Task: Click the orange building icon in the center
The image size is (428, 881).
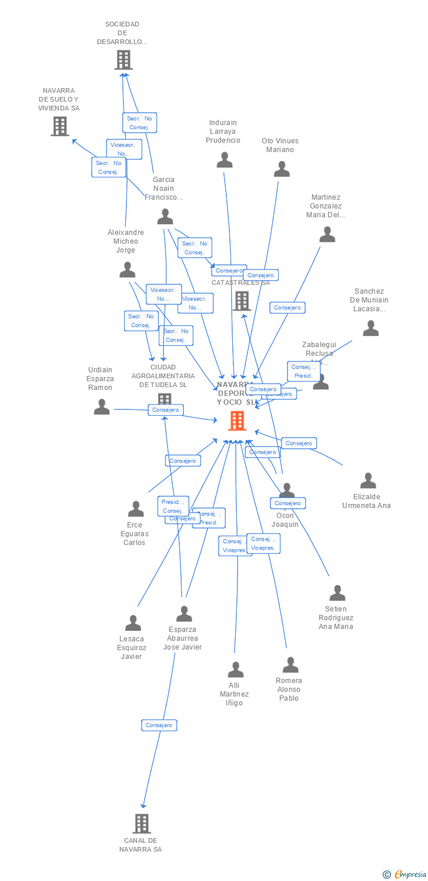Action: (237, 421)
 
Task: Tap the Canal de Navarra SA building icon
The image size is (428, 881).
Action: (142, 823)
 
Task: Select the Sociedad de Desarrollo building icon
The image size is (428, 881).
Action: (123, 60)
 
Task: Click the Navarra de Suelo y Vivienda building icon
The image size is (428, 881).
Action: (60, 126)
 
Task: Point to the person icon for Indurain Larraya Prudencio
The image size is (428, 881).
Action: (225, 160)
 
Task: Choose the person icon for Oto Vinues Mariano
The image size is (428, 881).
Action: (282, 169)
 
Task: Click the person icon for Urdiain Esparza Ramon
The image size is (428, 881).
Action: (102, 406)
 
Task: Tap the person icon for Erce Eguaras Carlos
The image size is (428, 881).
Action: (136, 509)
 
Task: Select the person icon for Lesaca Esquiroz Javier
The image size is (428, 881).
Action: (133, 623)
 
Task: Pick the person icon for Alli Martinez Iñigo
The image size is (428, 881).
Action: (236, 670)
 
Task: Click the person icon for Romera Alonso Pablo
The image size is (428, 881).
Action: (290, 665)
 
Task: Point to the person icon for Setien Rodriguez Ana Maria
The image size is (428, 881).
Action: (337, 593)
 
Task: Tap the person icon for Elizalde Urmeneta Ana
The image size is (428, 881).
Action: (368, 480)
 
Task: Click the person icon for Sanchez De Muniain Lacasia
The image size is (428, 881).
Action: (370, 328)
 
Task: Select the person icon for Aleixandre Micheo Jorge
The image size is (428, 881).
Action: (128, 270)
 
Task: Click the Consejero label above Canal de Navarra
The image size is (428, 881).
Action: (159, 725)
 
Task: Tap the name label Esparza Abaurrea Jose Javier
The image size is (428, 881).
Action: (183, 638)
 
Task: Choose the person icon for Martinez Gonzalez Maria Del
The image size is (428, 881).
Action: (327, 234)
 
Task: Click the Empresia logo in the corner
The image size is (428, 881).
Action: (406, 875)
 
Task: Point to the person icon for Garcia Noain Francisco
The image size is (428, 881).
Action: (165, 217)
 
